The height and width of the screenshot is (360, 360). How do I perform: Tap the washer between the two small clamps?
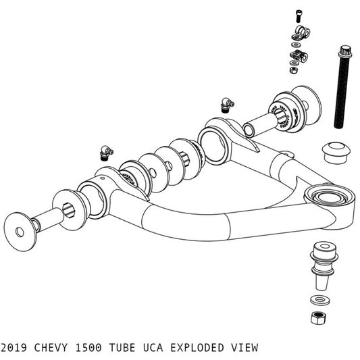(x=295, y=45)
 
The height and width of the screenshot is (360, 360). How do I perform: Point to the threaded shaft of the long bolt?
(x=339, y=95)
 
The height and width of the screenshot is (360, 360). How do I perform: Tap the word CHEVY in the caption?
(x=56, y=349)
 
